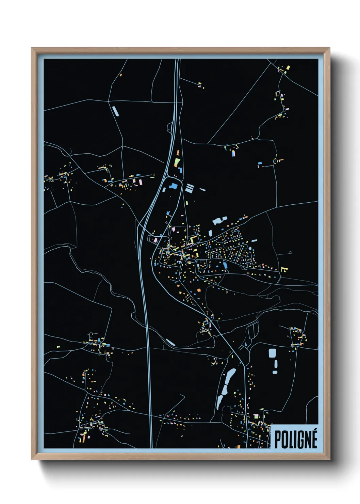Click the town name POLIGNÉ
(295, 439)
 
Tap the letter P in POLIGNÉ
(278, 440)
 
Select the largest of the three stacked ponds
(272, 353)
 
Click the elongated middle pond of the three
(275, 364)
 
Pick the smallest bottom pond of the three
(275, 372)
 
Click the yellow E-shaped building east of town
(284, 269)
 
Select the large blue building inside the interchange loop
(174, 186)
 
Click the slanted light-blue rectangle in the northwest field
(115, 111)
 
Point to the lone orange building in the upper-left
(121, 75)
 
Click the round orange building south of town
(199, 290)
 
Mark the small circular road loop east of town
(290, 252)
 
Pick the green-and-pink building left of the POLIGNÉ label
(257, 416)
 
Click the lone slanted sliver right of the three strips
(202, 189)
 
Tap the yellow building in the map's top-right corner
(288, 67)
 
